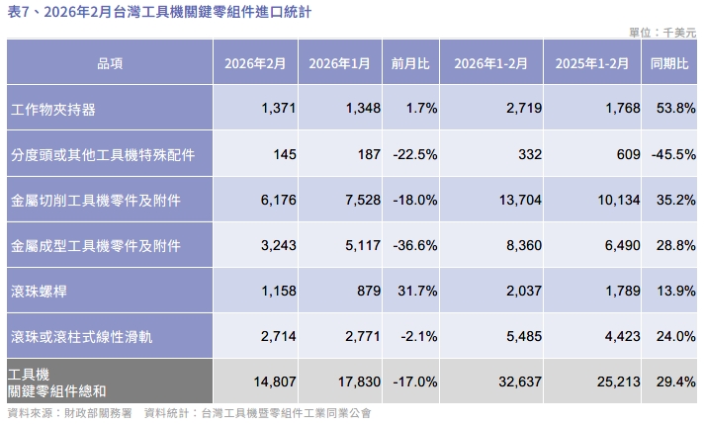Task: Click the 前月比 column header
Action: point(410,63)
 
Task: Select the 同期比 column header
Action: point(669,63)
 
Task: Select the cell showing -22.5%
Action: point(415,155)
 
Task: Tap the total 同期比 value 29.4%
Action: point(674,382)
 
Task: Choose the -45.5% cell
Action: point(673,155)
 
